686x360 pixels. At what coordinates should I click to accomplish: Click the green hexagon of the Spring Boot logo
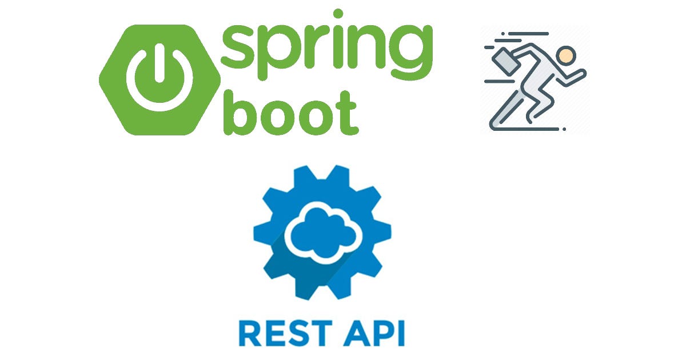[x=114, y=109]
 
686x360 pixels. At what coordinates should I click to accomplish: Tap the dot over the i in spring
[x=338, y=14]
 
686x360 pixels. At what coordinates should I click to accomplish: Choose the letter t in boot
[x=346, y=113]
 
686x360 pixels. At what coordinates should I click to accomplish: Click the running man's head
[x=567, y=55]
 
